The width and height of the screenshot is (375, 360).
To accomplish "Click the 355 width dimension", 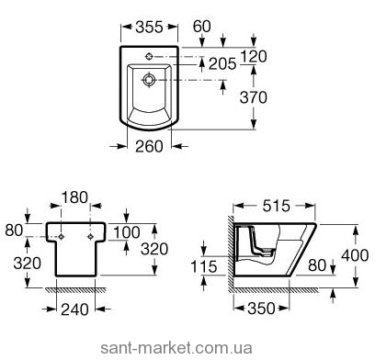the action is [x=149, y=28].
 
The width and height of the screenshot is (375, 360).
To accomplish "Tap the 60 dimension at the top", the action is [x=202, y=27].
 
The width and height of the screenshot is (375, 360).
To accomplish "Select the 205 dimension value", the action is [x=222, y=64].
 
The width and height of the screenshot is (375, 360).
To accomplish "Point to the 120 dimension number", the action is [x=254, y=57].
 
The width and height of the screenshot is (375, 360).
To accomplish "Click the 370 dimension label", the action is [x=254, y=97].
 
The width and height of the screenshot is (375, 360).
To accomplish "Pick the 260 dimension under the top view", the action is [x=149, y=147].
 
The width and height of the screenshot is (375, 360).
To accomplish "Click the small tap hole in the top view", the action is [x=149, y=56].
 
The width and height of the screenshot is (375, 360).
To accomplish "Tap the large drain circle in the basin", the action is [x=149, y=80].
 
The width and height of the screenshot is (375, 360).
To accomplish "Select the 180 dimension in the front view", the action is [x=74, y=197].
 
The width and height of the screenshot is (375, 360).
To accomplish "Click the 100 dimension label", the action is [x=127, y=232].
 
